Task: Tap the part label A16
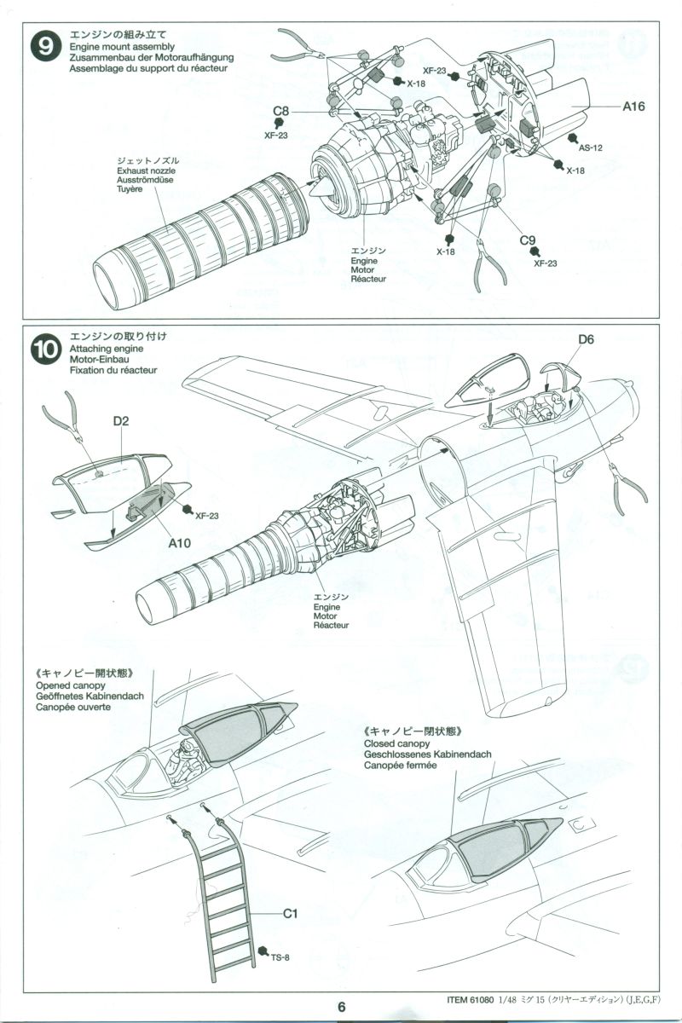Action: [633, 107]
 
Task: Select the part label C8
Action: [281, 112]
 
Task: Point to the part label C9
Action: [529, 241]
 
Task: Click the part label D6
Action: [586, 340]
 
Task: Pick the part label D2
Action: [119, 422]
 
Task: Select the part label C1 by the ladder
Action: [290, 914]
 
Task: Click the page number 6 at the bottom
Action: [341, 1006]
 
